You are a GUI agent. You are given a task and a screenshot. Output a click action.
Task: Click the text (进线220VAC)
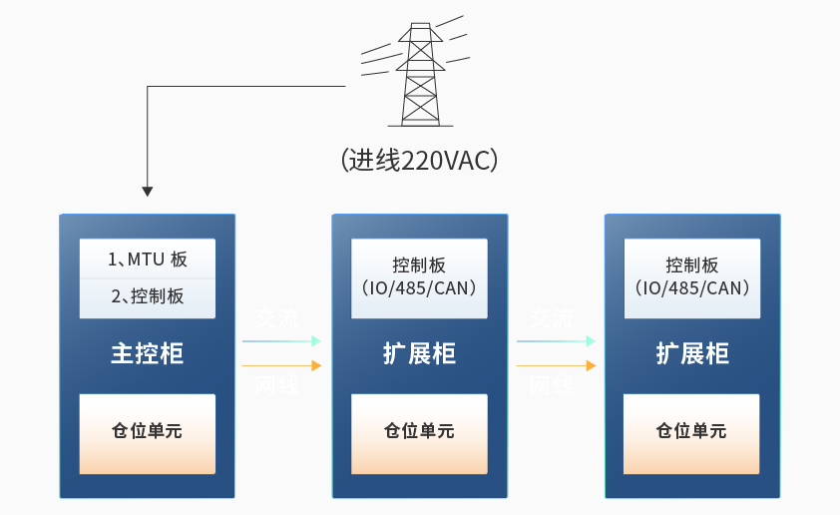(419, 161)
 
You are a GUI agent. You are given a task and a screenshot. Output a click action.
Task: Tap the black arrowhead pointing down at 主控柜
(148, 191)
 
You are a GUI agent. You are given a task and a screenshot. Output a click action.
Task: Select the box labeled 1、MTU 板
(148, 259)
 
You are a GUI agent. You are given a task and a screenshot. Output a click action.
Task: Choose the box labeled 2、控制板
(148, 296)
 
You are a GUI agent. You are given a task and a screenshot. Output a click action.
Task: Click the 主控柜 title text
(148, 353)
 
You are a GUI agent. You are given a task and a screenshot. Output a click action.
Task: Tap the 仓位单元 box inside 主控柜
(148, 432)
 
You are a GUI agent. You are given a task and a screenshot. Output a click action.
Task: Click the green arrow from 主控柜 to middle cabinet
(282, 341)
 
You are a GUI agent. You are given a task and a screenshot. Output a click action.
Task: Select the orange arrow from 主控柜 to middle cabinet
(282, 366)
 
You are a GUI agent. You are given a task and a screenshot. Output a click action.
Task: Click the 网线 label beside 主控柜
(276, 386)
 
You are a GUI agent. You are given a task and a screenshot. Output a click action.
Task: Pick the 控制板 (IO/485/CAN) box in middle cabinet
(420, 277)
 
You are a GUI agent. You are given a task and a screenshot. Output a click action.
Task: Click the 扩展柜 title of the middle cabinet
(420, 353)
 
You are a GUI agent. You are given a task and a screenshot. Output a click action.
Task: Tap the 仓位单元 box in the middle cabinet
(420, 432)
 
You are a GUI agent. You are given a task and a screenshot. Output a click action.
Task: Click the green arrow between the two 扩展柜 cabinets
(556, 341)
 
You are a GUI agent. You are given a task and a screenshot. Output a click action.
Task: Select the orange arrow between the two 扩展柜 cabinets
(556, 366)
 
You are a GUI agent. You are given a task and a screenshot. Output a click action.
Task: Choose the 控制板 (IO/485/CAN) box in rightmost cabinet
(692, 277)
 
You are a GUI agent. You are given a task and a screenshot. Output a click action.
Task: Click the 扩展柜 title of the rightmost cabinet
(692, 353)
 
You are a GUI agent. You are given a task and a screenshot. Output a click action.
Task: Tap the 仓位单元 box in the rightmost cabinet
(692, 432)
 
